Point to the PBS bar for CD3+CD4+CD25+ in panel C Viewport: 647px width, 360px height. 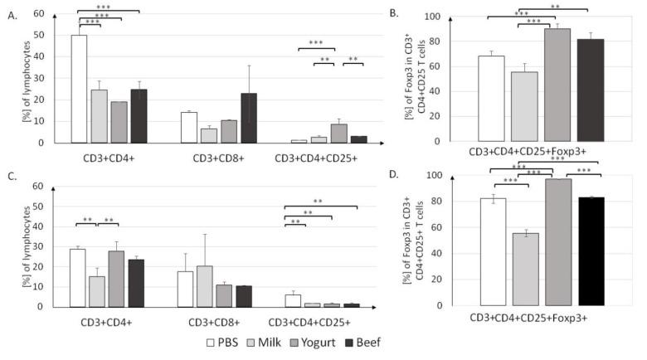point(293,300)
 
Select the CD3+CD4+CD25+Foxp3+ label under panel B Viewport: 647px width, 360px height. point(540,153)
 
